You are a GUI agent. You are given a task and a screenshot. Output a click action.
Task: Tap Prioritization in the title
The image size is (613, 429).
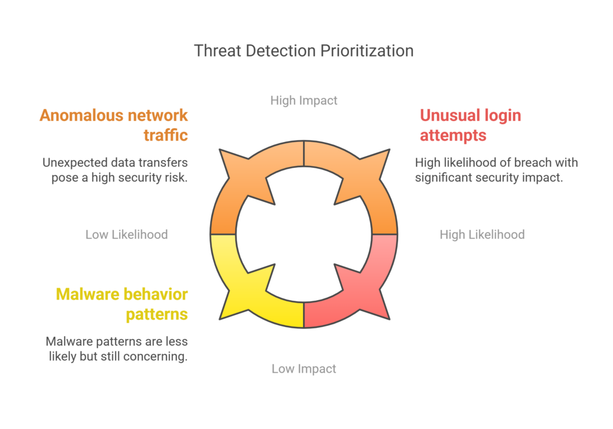[x=367, y=51]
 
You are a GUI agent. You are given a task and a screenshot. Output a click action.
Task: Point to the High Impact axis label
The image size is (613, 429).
[x=304, y=101]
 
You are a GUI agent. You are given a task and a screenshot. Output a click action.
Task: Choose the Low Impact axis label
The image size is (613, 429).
[x=304, y=368]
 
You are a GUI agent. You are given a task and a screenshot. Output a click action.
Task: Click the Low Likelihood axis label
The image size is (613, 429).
[x=127, y=234]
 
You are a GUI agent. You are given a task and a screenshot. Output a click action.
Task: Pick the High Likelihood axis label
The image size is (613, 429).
[x=482, y=234]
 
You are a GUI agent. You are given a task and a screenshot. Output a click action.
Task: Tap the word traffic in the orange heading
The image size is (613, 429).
[x=166, y=135]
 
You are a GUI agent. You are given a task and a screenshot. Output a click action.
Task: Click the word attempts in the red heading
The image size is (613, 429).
[x=453, y=136]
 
